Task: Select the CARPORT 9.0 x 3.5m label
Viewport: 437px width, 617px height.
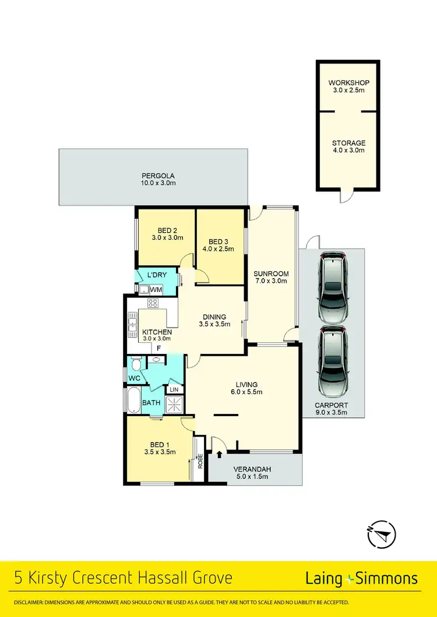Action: point(331,409)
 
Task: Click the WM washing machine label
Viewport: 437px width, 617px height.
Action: point(156,289)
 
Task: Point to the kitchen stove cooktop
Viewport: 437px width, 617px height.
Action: point(153,303)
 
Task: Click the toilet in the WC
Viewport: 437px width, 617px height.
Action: point(136,364)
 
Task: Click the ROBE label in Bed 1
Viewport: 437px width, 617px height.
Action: point(199,462)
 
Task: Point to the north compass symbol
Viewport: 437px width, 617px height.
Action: point(381,533)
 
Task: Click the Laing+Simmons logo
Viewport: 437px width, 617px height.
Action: point(361,578)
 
